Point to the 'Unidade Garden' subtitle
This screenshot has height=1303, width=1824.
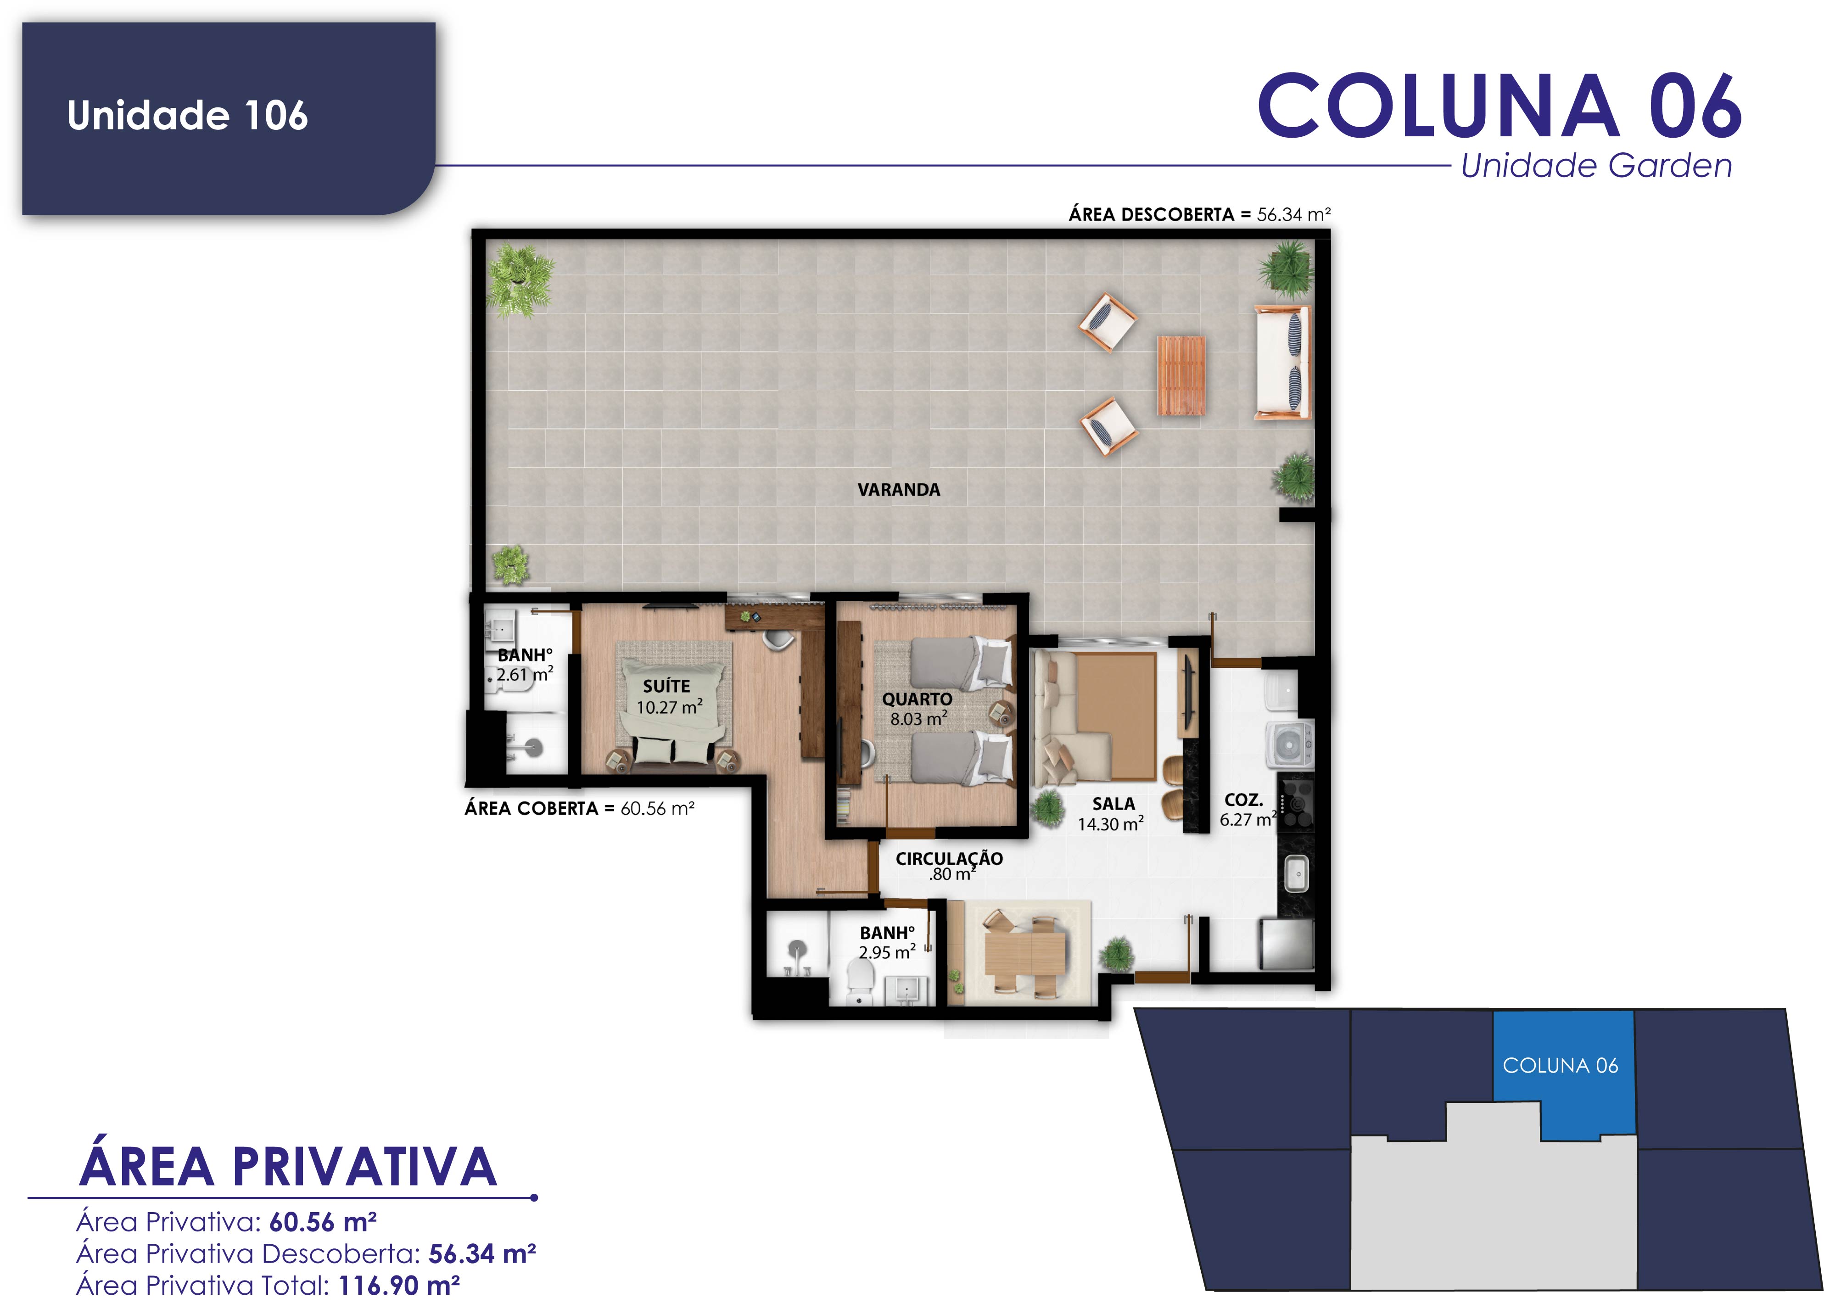pos(1596,166)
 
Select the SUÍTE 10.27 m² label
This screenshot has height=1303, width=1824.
pos(668,696)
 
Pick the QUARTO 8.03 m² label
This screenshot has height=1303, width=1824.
pos(917,709)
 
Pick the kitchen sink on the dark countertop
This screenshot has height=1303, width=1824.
pos(1296,874)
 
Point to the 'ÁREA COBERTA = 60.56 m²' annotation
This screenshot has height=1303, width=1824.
pos(579,809)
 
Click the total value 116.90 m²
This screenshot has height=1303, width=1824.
pos(399,1286)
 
